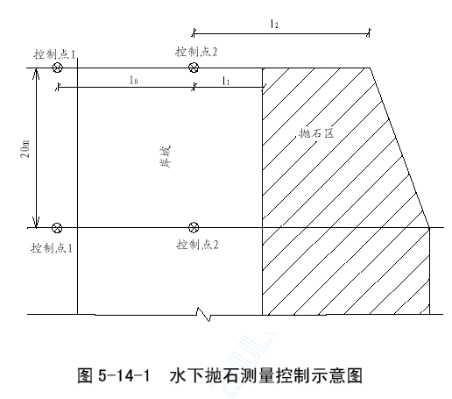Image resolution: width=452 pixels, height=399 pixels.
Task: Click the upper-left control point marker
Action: coord(57,68)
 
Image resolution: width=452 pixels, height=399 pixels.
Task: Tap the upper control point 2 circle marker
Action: coord(194,68)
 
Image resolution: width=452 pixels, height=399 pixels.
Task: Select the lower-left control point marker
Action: coord(57,227)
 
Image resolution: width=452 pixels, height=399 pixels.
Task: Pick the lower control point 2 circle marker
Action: coord(194,227)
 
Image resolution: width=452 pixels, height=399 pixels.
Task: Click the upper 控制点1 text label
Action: coord(54,54)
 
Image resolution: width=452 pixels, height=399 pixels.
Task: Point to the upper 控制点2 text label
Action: coord(196,52)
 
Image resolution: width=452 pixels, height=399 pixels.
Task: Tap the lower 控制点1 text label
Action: coord(52,248)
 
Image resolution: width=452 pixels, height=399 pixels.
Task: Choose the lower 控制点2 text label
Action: coord(197,245)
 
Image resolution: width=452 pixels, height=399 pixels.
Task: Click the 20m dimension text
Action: coord(25,149)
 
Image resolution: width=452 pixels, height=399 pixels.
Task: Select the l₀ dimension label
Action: coord(133,80)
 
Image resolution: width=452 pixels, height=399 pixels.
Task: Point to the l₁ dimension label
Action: coord(226,81)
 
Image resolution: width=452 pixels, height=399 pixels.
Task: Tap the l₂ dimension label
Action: coord(274,24)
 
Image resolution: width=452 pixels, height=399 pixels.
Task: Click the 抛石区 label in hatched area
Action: coord(316,133)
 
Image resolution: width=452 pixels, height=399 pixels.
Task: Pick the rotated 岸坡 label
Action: coord(166,157)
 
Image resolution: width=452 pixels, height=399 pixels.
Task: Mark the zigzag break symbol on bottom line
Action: coord(203,314)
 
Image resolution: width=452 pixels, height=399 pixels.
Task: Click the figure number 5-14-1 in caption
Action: coord(124,375)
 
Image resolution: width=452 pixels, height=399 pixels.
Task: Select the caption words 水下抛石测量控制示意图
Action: coord(266,375)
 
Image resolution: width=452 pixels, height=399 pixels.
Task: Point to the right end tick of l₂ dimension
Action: coord(369,33)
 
